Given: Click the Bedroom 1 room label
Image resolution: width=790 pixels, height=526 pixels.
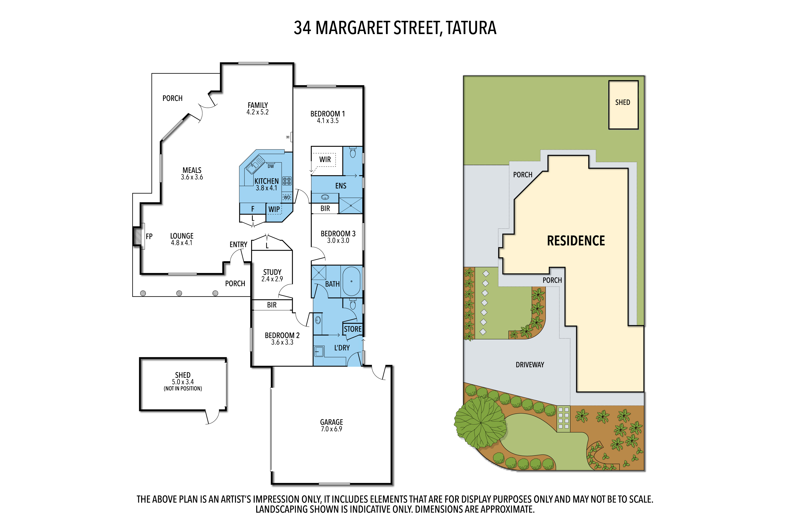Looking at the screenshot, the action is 328,114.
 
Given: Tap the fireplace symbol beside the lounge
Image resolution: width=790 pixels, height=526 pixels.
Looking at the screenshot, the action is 137,236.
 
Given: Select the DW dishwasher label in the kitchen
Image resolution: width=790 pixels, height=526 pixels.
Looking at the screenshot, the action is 271,166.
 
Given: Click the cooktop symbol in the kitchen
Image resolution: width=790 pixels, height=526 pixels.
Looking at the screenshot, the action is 287,181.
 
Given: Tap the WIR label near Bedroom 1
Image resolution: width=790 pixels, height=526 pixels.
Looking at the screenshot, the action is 325,159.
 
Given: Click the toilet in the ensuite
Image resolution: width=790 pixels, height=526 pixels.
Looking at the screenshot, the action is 353,152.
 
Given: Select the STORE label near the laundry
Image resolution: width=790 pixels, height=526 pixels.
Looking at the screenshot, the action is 353,329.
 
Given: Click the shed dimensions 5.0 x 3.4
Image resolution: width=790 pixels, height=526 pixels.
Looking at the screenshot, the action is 183,382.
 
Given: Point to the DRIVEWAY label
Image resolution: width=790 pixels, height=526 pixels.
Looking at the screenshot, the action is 530,365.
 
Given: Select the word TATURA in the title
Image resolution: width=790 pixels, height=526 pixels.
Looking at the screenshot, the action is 471,28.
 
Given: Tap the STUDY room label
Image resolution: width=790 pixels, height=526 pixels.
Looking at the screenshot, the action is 272,272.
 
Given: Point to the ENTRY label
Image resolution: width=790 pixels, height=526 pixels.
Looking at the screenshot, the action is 239,245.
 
